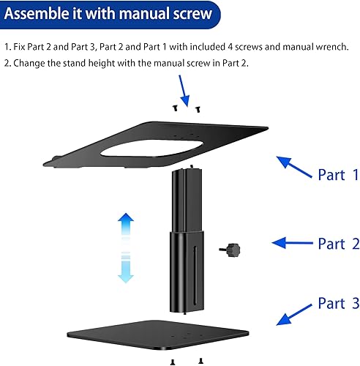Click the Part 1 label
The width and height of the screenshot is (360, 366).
[x=338, y=175]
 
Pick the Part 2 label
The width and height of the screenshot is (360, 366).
[x=338, y=244]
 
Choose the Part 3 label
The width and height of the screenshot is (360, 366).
[x=338, y=303]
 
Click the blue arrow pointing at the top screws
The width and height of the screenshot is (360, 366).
[x=184, y=91]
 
